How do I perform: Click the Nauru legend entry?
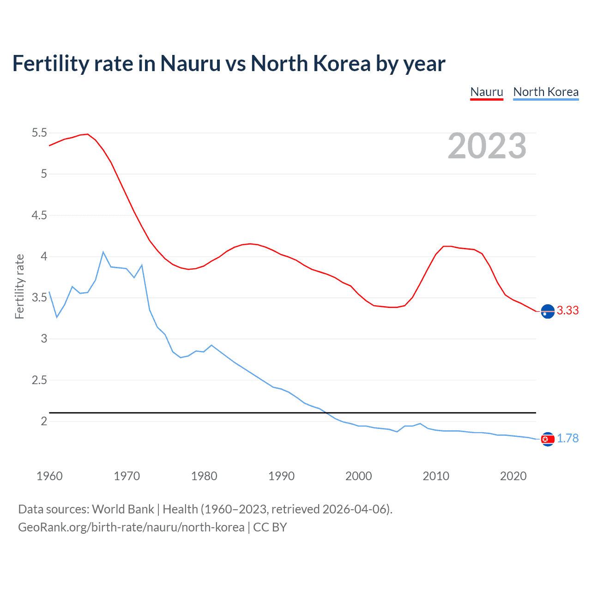coord(486,92)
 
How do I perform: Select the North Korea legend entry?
coord(546,92)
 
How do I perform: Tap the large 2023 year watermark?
coord(487,146)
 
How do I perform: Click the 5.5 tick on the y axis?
coord(39,133)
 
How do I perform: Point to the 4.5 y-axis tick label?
coord(39,215)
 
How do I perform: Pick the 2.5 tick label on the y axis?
coord(39,380)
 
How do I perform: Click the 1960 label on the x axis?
coord(49,476)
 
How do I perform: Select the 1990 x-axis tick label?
coord(281,476)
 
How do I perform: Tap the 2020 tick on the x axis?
coord(513,476)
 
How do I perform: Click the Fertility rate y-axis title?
coord(19,286)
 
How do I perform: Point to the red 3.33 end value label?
coord(567,311)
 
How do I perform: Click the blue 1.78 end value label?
coord(567,438)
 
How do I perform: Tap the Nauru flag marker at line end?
coord(548,312)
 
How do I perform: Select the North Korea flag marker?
coord(548,439)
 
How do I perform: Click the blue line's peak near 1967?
coord(103,252)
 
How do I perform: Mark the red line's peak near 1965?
coord(87,134)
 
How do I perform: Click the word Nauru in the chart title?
coord(190,64)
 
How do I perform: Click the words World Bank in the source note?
coord(123,509)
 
